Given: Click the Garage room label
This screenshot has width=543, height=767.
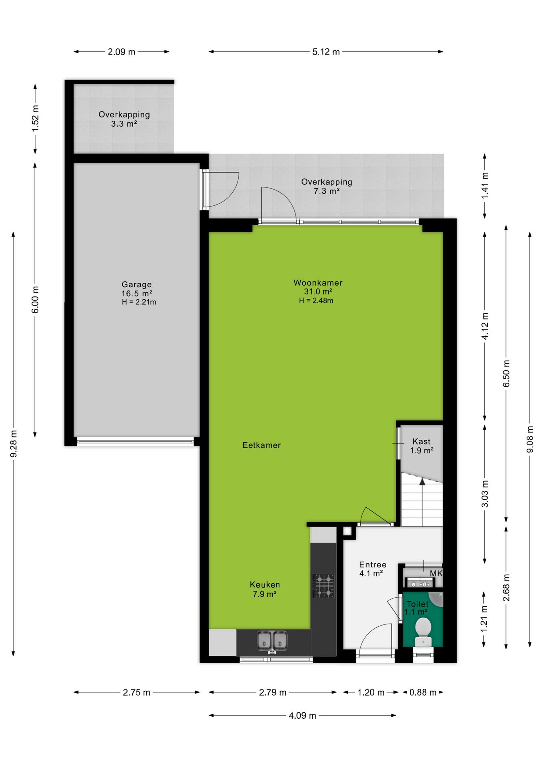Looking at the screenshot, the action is click(x=137, y=284).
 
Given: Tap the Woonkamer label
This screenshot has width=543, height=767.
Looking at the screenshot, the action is click(x=318, y=283).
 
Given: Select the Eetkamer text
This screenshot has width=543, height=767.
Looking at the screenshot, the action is click(x=262, y=445).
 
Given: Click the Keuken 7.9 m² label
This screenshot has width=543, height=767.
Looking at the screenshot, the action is click(x=265, y=589).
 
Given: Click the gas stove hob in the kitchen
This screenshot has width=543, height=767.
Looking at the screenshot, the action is click(x=323, y=586).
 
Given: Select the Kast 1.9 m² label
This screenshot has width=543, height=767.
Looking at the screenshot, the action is click(x=422, y=446).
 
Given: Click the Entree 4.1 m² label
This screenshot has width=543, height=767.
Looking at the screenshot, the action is click(x=373, y=569).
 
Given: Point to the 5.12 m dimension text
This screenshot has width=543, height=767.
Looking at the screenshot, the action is click(x=326, y=52).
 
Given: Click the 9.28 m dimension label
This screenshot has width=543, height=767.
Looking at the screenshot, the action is click(x=14, y=444).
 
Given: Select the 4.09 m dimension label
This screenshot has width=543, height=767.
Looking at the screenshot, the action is click(x=302, y=715).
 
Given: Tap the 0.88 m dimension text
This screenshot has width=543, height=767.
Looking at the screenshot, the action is click(x=423, y=692).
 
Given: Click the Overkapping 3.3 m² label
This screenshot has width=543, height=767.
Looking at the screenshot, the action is click(x=124, y=119).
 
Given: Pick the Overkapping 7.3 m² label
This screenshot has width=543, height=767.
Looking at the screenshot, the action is click(x=327, y=186).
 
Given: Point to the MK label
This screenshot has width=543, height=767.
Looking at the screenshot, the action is click(x=436, y=573).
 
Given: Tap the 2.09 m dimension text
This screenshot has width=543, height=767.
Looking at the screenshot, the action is click(x=122, y=52).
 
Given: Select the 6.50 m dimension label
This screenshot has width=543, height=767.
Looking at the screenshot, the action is click(x=507, y=373).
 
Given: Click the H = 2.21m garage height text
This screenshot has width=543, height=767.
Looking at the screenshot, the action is click(x=139, y=302).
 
